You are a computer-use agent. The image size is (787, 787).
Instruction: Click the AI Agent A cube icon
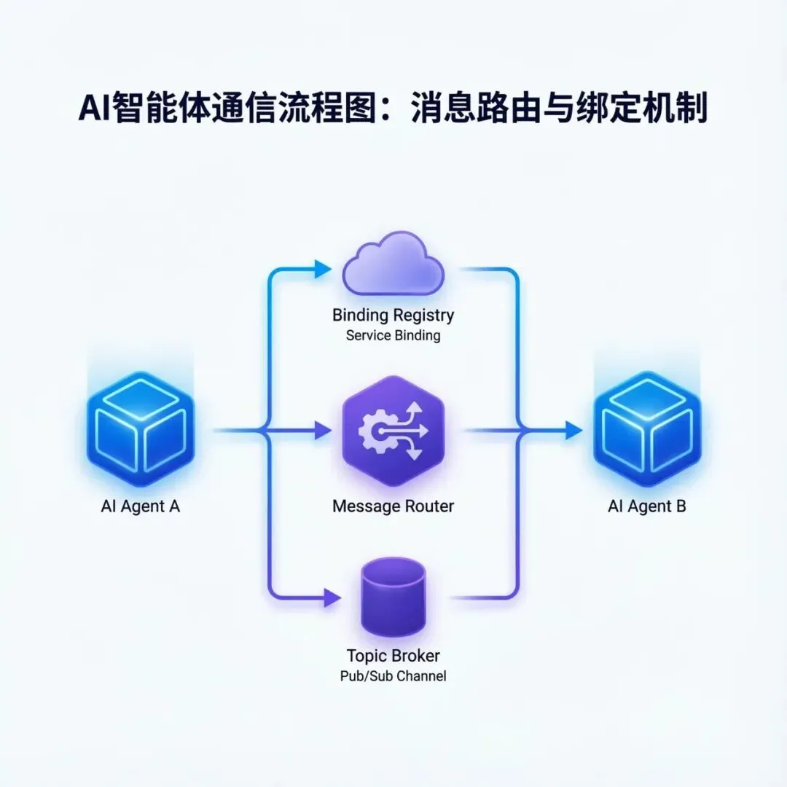pyautogui.click(x=140, y=428)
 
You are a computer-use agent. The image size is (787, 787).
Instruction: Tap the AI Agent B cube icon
pyautogui.click(x=646, y=428)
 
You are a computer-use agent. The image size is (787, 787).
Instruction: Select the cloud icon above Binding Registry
pyautogui.click(x=393, y=263)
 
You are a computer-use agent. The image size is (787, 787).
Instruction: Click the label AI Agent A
pyautogui.click(x=140, y=506)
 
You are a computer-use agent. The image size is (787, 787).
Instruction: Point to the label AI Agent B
pyautogui.click(x=646, y=506)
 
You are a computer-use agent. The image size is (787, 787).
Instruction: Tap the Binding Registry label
pyautogui.click(x=393, y=316)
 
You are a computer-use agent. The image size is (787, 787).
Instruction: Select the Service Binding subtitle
pyautogui.click(x=393, y=336)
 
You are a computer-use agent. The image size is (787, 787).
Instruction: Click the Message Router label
pyautogui.click(x=393, y=506)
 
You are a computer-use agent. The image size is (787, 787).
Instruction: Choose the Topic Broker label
pyautogui.click(x=393, y=656)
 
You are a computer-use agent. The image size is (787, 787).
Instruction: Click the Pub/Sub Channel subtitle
pyautogui.click(x=393, y=676)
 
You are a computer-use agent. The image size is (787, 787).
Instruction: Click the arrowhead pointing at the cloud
pyautogui.click(x=323, y=269)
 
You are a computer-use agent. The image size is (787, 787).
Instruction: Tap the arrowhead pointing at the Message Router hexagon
pyautogui.click(x=323, y=431)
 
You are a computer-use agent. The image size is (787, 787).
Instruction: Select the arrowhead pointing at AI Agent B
pyautogui.click(x=573, y=431)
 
